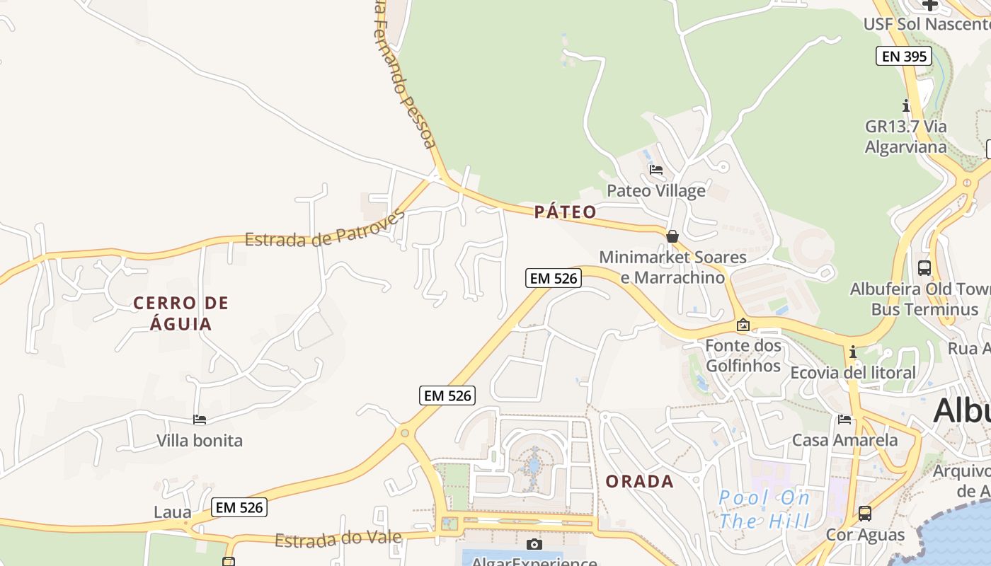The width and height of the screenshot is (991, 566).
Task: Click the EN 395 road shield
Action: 903,56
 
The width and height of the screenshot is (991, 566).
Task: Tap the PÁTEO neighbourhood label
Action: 565,212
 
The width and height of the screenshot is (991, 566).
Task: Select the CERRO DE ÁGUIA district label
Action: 181,313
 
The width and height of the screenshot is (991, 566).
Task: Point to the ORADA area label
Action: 639,482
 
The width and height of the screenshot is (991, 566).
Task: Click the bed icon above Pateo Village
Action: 656,170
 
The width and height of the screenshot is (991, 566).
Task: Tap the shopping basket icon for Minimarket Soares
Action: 672,236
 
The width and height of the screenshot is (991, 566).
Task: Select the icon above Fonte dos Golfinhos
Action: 743,325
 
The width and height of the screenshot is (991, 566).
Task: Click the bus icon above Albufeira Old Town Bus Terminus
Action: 924,268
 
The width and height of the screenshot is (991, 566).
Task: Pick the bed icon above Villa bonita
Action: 200,420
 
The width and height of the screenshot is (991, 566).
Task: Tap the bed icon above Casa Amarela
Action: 844,420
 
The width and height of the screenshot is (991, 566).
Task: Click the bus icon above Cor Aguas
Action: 865,514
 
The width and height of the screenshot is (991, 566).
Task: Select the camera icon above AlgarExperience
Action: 534,544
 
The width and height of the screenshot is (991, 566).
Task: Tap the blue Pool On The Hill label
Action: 764,509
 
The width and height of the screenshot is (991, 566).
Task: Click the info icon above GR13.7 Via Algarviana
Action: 906,106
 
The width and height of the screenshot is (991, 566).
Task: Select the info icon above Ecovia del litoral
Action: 853,352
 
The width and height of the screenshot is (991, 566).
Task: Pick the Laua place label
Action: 173,512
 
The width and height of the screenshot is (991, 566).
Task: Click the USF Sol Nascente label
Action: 926,24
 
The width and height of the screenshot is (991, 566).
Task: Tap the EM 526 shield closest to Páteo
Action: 553,278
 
